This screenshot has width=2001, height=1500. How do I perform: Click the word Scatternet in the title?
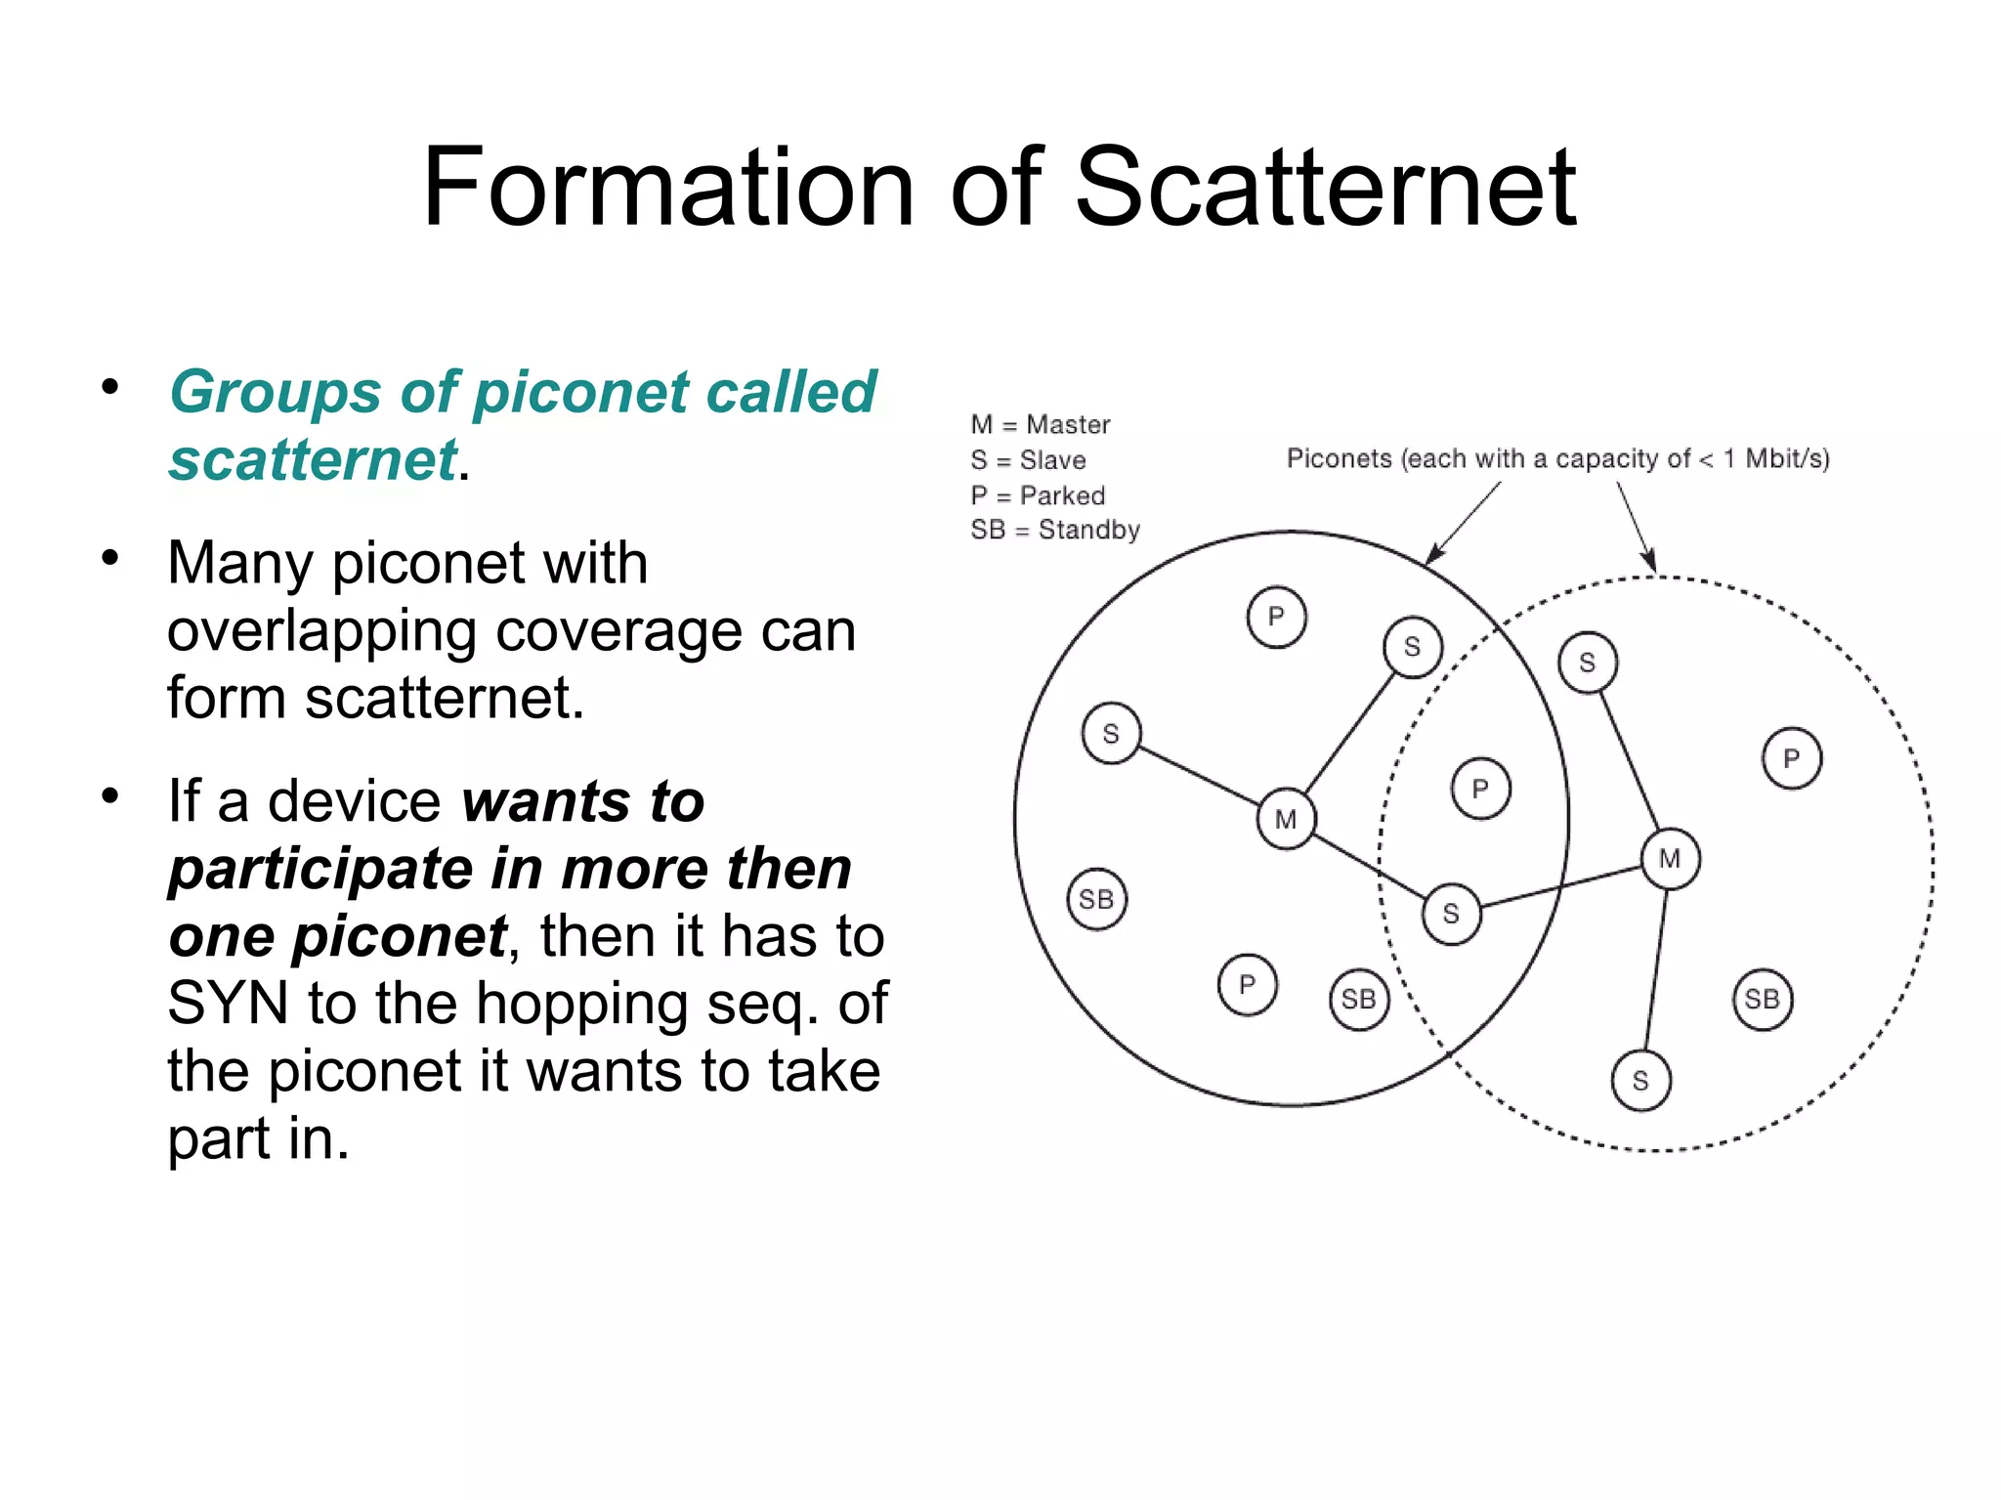(x=1325, y=187)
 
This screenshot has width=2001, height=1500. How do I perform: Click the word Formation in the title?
(x=668, y=187)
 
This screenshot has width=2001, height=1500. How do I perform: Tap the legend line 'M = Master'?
(x=1040, y=424)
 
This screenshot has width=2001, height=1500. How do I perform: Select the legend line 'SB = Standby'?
(x=1054, y=530)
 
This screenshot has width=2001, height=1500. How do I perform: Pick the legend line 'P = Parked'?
(x=1037, y=495)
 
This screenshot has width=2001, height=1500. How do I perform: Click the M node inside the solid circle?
(x=1286, y=819)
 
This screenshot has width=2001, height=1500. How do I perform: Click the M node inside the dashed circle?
(x=1670, y=859)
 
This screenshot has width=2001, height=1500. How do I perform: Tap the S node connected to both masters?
(x=1451, y=914)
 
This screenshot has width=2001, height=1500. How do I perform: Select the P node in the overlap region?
(x=1480, y=789)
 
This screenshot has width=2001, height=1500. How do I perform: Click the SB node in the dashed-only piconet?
(x=1763, y=999)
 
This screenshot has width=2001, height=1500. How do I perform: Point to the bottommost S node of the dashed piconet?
(x=1640, y=1081)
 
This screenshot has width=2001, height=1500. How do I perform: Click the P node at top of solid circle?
(x=1276, y=617)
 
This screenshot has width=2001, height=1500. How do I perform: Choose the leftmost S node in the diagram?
(x=1111, y=733)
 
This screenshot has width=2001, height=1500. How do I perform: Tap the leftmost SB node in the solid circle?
(x=1096, y=899)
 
